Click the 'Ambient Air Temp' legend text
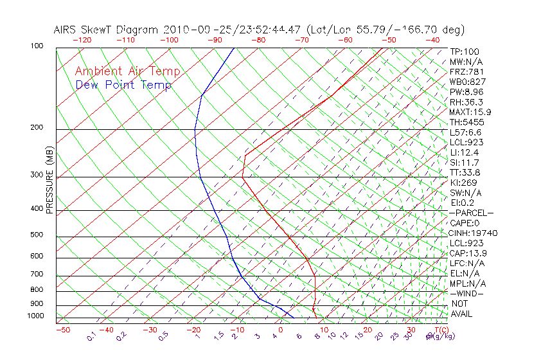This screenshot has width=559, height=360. click(127, 71)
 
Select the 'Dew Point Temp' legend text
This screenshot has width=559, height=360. click(123, 85)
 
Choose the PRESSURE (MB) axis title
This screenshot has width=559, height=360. click(49, 179)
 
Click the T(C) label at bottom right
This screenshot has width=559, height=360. click(439, 330)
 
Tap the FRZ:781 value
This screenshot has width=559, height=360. click(466, 71)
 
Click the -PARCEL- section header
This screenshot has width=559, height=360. click(472, 213)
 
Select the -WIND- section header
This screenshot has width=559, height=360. click(467, 293)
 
